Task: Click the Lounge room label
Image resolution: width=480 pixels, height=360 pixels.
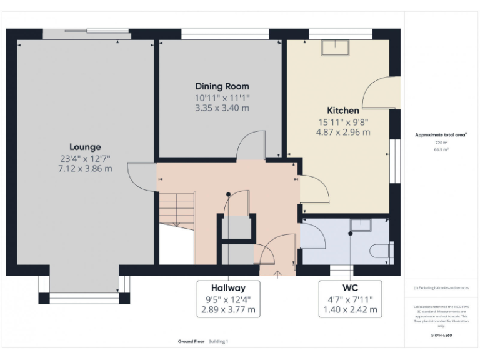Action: point(85,147)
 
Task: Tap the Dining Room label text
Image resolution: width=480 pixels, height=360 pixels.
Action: point(222,86)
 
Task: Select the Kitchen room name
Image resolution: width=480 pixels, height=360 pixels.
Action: point(342,110)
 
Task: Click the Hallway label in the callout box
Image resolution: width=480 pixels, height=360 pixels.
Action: point(227,288)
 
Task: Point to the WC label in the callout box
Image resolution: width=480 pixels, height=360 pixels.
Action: point(350,288)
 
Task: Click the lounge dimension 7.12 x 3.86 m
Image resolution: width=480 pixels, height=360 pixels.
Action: point(85,168)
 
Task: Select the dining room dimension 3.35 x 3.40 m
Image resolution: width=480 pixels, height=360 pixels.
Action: point(222,107)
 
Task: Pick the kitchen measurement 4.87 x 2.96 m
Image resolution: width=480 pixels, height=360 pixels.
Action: point(342,132)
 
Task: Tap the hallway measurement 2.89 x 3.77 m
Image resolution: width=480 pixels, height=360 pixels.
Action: point(227,309)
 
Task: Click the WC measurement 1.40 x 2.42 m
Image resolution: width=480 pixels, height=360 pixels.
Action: point(350,309)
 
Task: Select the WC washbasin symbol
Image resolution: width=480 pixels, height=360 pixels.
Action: point(360,224)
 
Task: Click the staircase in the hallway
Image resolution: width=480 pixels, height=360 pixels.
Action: point(177,207)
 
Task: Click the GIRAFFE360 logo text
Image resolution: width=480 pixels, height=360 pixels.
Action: point(442,336)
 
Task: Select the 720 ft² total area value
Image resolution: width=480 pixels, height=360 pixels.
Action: point(442,143)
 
